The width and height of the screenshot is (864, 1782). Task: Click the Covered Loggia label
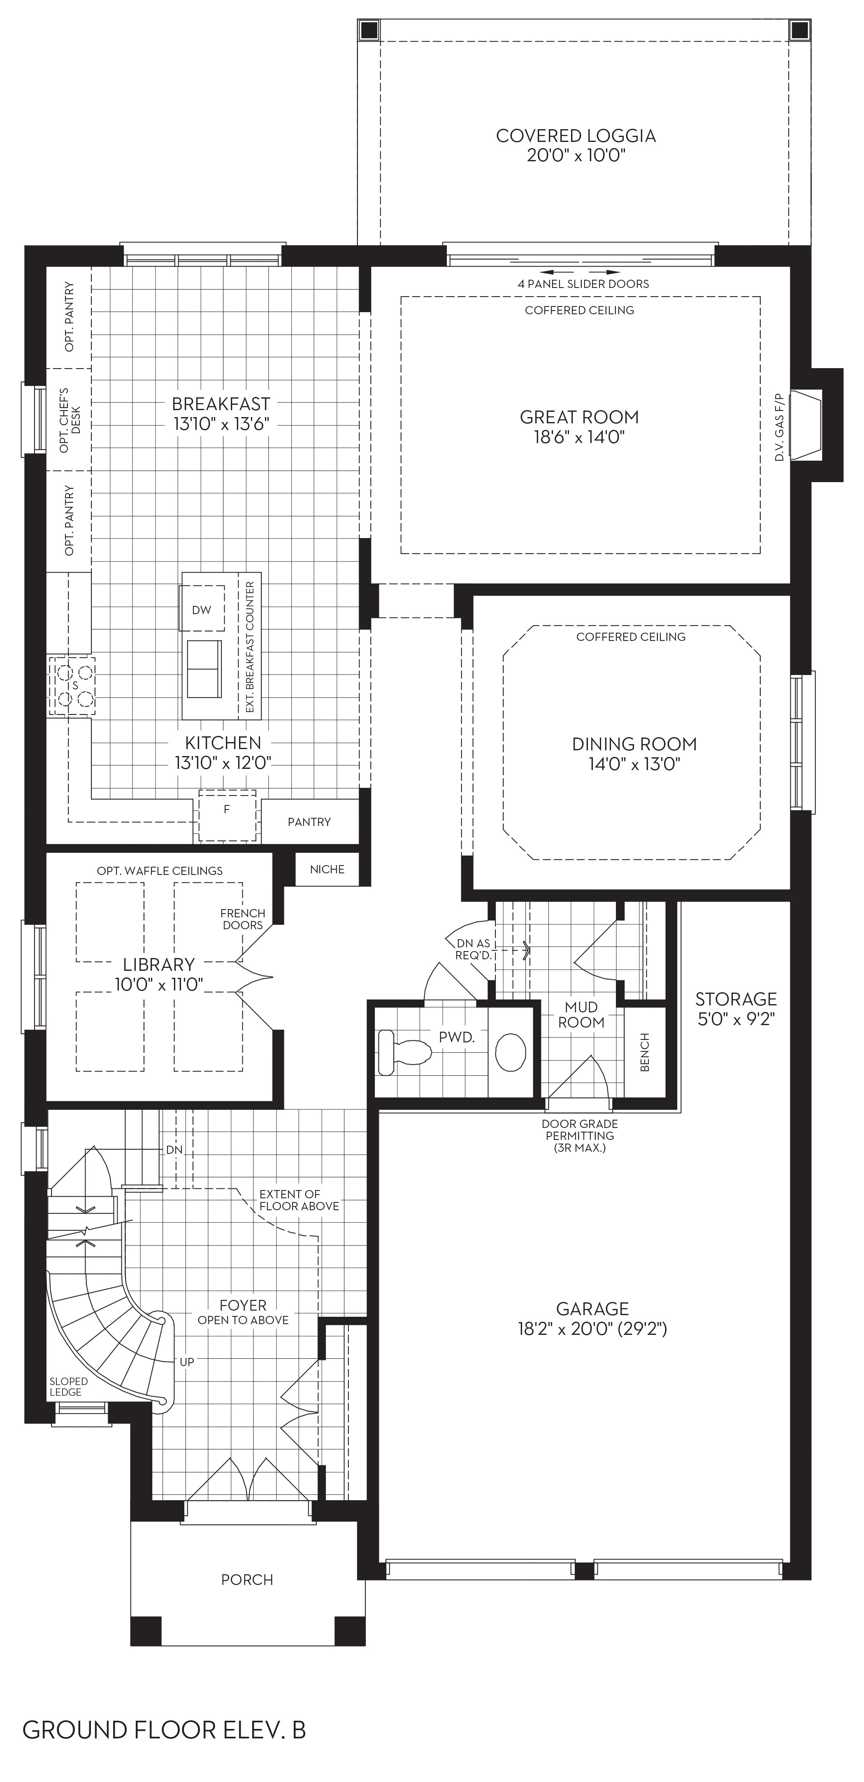point(576,136)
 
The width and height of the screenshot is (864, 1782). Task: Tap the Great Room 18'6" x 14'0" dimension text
point(579,437)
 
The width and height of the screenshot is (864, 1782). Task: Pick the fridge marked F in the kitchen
point(227,815)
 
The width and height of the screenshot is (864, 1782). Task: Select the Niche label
point(327,870)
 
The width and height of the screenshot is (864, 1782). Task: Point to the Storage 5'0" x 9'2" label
point(736,1009)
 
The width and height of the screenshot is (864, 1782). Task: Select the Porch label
point(247,1579)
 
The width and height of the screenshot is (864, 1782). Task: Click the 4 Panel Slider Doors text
point(583,283)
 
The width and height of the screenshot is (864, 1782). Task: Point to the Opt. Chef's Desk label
point(69,420)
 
